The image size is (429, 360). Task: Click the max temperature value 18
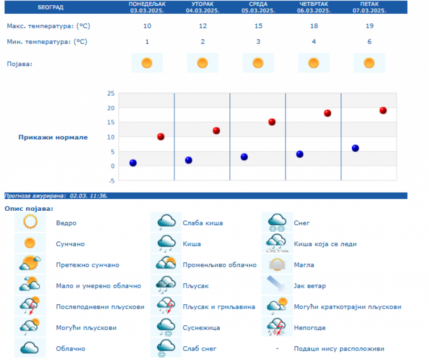[x=314, y=26]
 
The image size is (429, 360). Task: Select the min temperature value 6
[x=369, y=41]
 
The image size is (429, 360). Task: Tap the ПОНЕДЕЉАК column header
[x=147, y=7]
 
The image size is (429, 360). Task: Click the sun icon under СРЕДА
[x=258, y=62]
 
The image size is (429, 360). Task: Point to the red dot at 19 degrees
[x=383, y=111]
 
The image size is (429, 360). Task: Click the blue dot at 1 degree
[x=133, y=163]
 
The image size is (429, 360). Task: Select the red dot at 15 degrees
[x=272, y=122]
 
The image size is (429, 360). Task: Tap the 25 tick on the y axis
[x=111, y=93]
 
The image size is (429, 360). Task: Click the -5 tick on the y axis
[x=111, y=181]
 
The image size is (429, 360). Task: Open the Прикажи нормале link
[x=53, y=137]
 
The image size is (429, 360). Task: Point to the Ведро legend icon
[x=30, y=222]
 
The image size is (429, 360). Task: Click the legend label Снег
[x=302, y=223]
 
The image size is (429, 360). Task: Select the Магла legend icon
[x=277, y=264]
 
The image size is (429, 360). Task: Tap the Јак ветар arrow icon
[x=277, y=285]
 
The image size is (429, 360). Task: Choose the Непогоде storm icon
[x=277, y=327]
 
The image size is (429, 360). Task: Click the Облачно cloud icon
[x=30, y=348]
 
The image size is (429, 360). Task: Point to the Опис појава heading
[x=29, y=208]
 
